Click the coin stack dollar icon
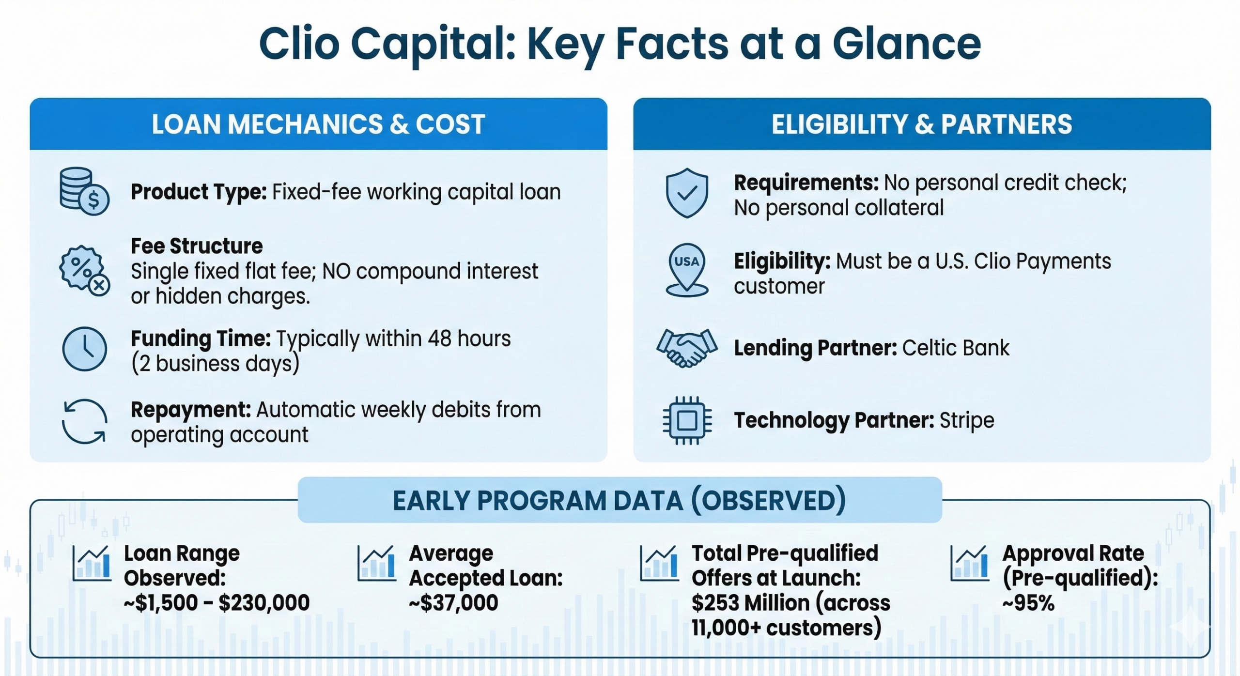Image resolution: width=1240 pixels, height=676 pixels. (x=84, y=191)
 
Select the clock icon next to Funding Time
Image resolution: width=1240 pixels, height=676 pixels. (x=85, y=349)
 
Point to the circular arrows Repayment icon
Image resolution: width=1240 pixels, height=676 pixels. (x=84, y=421)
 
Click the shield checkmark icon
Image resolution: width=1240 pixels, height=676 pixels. (x=687, y=193)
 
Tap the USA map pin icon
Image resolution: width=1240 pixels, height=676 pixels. (x=687, y=270)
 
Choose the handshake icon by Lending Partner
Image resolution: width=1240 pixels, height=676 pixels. (x=687, y=348)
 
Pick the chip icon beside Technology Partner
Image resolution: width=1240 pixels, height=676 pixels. (x=687, y=420)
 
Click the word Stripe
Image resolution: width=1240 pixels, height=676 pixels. (x=967, y=420)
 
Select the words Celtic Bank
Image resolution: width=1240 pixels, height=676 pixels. (x=956, y=348)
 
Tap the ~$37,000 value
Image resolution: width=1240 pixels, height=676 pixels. (x=453, y=603)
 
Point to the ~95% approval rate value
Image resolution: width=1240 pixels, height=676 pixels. (x=1028, y=603)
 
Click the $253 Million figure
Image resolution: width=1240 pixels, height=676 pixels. (x=750, y=603)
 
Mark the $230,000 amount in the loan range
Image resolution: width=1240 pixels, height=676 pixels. (x=264, y=603)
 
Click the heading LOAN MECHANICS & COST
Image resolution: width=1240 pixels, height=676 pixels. (x=318, y=124)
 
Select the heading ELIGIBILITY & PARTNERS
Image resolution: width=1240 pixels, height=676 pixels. (x=922, y=124)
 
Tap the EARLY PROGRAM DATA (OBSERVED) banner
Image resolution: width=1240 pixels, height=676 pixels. (x=620, y=500)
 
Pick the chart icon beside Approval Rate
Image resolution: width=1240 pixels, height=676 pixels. (x=969, y=563)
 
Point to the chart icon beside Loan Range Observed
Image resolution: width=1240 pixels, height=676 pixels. (x=92, y=563)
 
